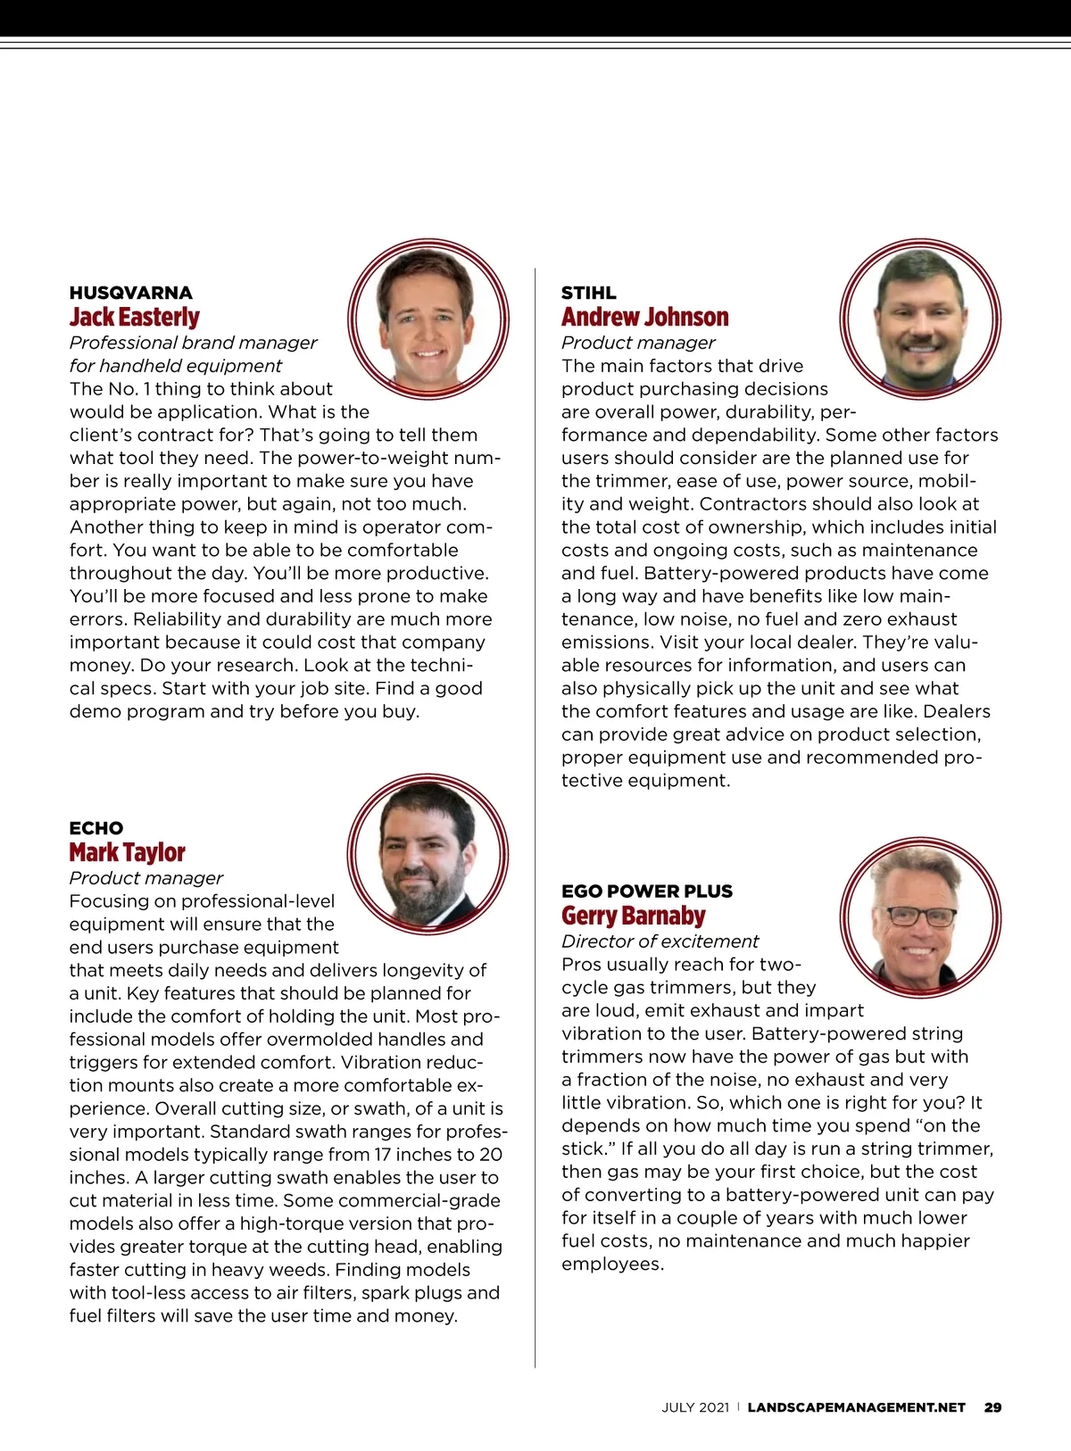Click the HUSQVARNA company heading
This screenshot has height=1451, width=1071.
pyautogui.click(x=131, y=293)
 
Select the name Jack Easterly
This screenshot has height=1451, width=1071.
pyautogui.click(x=135, y=317)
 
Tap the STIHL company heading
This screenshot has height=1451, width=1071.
pyautogui.click(x=588, y=293)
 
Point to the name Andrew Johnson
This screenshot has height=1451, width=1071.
pyautogui.click(x=644, y=317)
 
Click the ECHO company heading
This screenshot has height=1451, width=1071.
pyautogui.click(x=96, y=828)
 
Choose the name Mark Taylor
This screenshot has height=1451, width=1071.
pyautogui.click(x=128, y=852)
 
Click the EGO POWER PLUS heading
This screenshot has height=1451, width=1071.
pyautogui.click(x=647, y=891)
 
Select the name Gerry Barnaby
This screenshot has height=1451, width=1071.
pyautogui.click(x=634, y=916)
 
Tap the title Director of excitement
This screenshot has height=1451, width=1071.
pyautogui.click(x=660, y=941)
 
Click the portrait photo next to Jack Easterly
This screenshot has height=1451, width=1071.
pyautogui.click(x=428, y=319)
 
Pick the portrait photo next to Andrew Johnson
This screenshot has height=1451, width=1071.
pyautogui.click(x=920, y=319)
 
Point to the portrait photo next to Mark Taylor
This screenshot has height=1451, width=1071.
pyautogui.click(x=428, y=854)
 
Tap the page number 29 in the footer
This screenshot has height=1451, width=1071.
pyautogui.click(x=992, y=1407)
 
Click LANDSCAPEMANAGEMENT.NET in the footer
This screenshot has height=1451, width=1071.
pyautogui.click(x=856, y=1407)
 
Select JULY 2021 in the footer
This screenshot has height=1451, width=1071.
pyautogui.click(x=695, y=1407)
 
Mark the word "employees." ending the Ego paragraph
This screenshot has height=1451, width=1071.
pyautogui.click(x=612, y=1264)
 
